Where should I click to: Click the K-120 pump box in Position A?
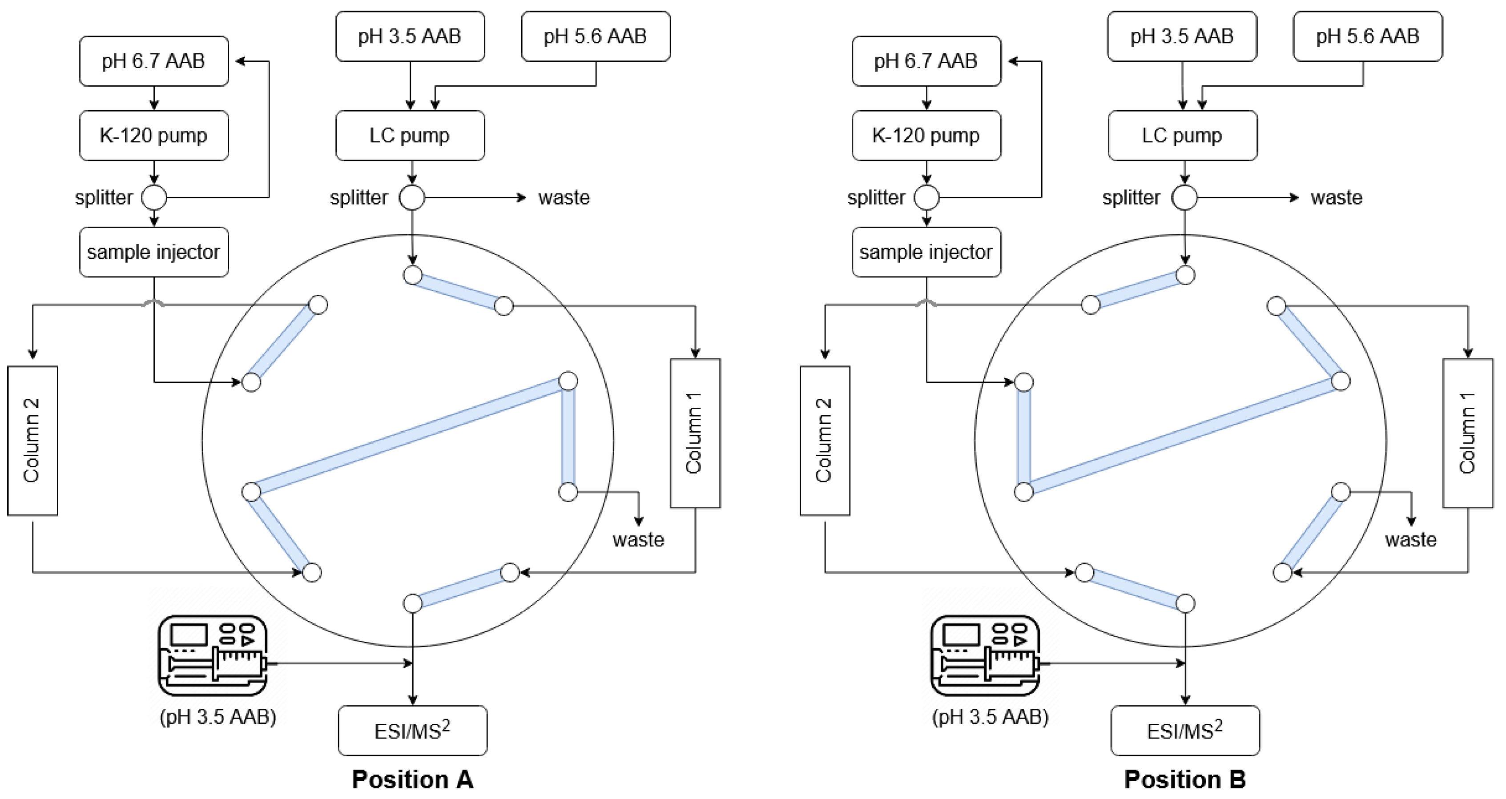(154, 136)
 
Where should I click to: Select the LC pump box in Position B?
(1182, 136)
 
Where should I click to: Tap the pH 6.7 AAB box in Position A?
(154, 61)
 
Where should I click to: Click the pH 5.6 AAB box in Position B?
(1367, 36)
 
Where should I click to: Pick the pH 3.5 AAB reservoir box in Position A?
(410, 36)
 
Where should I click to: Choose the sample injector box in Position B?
(926, 252)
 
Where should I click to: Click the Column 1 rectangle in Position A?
(695, 433)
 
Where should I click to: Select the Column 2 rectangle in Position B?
(824, 440)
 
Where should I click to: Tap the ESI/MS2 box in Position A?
(412, 731)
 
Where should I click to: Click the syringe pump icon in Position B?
(986, 655)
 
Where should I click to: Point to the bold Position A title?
(412, 779)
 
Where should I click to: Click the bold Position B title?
(1185, 779)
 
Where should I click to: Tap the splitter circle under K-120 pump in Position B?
(926, 197)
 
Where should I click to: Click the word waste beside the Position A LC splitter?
(564, 197)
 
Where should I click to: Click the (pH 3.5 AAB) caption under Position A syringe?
(217, 717)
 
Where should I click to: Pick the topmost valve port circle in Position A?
(413, 275)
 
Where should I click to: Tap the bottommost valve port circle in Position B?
(1185, 603)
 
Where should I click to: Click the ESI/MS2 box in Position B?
(1185, 731)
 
